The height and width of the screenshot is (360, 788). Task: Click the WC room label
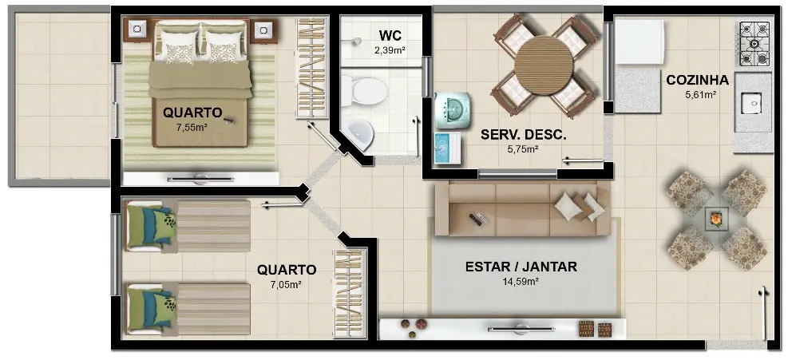pos(390,36)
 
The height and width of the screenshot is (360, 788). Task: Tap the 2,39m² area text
pos(390,49)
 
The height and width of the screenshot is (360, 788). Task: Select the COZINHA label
pos(697,80)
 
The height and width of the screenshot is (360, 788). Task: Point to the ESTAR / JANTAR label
pos(521,267)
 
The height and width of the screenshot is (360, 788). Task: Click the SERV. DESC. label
pos(524,135)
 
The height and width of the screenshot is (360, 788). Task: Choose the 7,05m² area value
pos(286,284)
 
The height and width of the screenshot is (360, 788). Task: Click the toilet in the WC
pos(366,91)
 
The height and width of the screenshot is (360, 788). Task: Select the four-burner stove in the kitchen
pos(754,44)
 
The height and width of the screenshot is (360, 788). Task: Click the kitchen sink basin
pos(753,103)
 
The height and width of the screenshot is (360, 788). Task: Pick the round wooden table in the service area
pos(543,66)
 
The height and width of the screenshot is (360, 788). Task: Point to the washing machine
pos(453,109)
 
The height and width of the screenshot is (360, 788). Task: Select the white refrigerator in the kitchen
pos(640,42)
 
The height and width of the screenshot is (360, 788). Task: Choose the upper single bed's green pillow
pos(164,224)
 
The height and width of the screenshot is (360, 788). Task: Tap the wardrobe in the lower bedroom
pos(350,293)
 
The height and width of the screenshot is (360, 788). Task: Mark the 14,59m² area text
pos(521,281)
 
